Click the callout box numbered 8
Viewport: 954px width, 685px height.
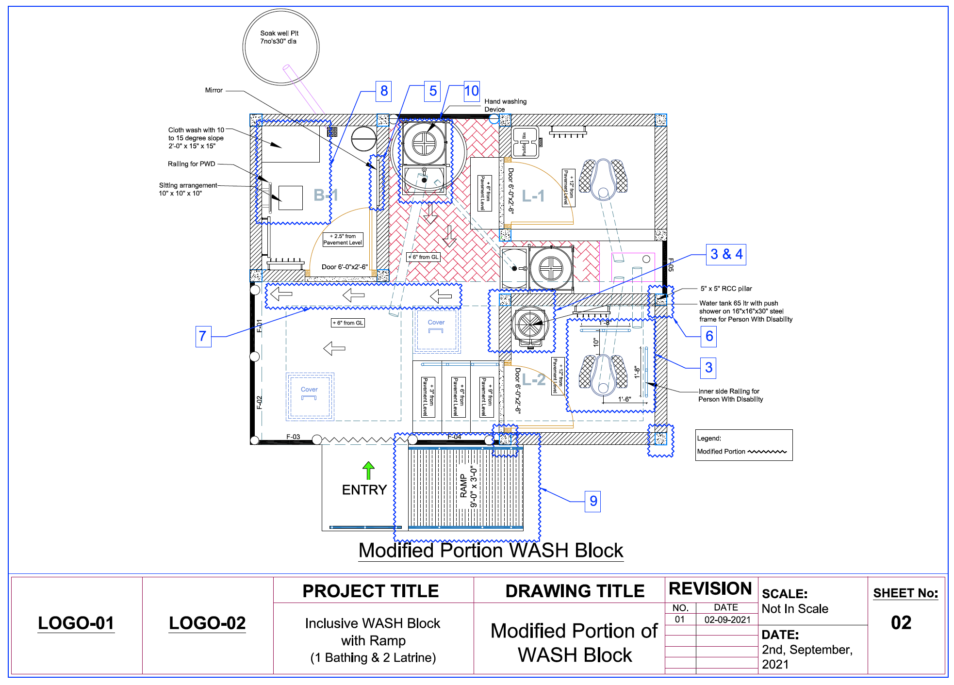tap(384, 91)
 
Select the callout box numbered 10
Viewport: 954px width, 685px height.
tap(472, 91)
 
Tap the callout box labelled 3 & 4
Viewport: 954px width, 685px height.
tap(726, 254)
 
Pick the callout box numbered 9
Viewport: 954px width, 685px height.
tap(593, 501)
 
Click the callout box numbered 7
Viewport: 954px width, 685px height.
tap(203, 336)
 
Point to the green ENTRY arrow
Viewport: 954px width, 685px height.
tap(368, 470)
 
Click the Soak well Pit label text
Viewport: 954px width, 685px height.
tap(279, 37)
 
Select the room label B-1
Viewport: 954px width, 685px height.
tap(326, 196)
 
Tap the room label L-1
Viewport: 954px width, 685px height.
tap(533, 196)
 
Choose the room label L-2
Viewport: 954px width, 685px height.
tap(534, 380)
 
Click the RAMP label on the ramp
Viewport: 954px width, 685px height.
tap(463, 486)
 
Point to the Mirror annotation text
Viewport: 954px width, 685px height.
tap(214, 90)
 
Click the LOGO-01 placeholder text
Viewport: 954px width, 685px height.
tap(76, 623)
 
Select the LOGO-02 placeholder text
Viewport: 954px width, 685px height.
tap(207, 623)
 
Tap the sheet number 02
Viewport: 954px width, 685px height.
tap(901, 623)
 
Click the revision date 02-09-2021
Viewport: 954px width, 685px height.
tap(727, 620)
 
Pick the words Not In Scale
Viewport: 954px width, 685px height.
tap(795, 609)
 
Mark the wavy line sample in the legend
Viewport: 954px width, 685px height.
tap(767, 452)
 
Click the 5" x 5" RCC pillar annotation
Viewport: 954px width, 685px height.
tap(726, 289)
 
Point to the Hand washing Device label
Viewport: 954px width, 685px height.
tap(505, 105)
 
